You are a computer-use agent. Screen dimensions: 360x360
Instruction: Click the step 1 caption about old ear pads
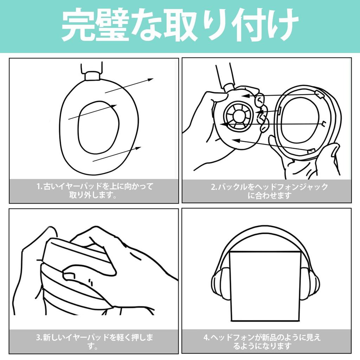[x=94, y=190]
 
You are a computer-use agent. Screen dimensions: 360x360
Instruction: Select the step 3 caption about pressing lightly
[x=94, y=341]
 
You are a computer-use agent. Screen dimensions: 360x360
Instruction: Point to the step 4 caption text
[x=262, y=341]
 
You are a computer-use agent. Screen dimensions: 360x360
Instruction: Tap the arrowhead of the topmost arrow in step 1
[x=150, y=80]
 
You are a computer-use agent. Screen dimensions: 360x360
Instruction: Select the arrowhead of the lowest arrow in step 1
[x=138, y=148]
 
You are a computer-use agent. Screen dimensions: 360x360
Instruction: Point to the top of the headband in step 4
[x=265, y=233]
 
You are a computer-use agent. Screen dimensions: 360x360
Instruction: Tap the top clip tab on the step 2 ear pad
[x=319, y=94]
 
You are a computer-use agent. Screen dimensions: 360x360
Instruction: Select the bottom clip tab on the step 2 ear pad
[x=311, y=151]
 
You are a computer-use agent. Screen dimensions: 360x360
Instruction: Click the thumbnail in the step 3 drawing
[x=69, y=276]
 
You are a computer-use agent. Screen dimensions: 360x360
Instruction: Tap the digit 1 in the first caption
[x=38, y=186]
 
